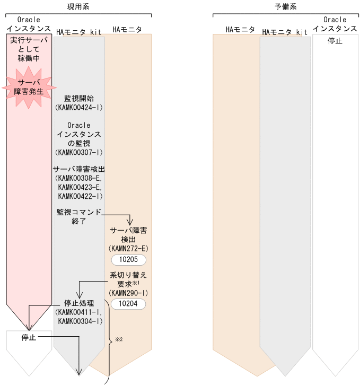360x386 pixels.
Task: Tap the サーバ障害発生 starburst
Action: [29, 87]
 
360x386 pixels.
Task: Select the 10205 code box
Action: [128, 260]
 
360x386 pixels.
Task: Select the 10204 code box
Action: [128, 304]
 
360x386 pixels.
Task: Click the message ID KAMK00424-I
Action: [79, 107]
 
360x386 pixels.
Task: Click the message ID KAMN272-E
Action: [128, 248]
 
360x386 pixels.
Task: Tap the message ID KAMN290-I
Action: [128, 293]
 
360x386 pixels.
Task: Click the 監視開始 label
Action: [79, 98]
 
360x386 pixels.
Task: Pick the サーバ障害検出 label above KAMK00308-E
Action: [79, 169]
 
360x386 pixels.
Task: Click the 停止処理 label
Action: [79, 303]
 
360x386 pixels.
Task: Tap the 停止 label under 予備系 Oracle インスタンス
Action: [335, 40]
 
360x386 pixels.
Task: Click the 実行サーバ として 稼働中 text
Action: [29, 49]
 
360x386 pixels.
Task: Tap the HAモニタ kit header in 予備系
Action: [285, 32]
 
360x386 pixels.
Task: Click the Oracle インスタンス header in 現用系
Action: [29, 24]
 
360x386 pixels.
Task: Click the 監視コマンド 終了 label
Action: [78, 217]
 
